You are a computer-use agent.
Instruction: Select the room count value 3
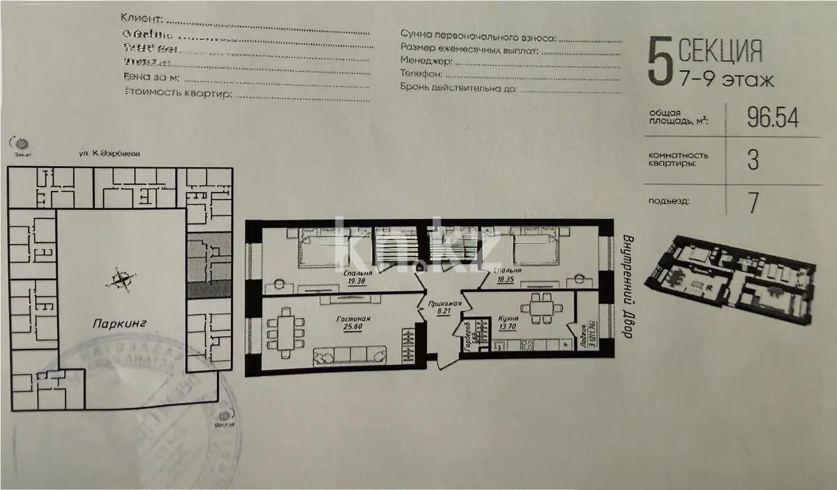[753, 161]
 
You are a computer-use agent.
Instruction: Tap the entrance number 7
[753, 202]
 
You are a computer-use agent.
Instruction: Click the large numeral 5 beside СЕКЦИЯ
[657, 62]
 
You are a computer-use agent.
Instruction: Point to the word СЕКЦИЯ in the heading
[720, 51]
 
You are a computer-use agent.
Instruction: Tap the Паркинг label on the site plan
[116, 323]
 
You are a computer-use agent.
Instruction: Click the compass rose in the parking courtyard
[121, 279]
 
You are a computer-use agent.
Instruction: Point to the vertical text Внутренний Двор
[624, 286]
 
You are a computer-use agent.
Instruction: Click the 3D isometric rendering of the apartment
[732, 279]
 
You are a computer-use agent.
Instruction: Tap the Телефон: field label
[421, 74]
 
